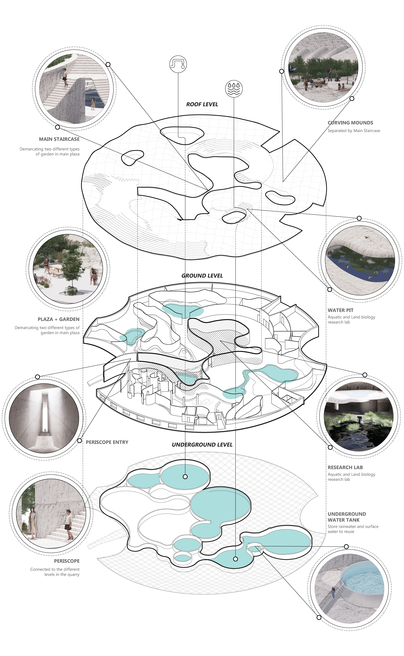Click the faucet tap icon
178,64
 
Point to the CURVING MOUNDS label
350,123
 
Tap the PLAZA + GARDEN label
59,319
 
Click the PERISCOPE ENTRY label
107,442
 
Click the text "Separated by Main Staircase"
354,131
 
